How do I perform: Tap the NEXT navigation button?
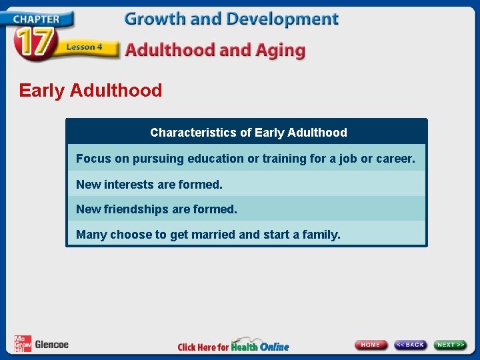[451, 345]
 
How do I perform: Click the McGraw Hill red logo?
[23, 344]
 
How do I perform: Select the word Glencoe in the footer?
[51, 345]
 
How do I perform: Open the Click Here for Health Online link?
[233, 346]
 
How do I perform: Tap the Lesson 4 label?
[83, 47]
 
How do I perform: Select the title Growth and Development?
[231, 19]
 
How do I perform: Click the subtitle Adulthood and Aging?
[215, 50]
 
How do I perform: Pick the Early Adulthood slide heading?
[91, 91]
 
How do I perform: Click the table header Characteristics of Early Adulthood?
[248, 133]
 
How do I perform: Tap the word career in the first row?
[395, 159]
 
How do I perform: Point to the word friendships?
[136, 209]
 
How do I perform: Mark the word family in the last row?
[321, 235]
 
